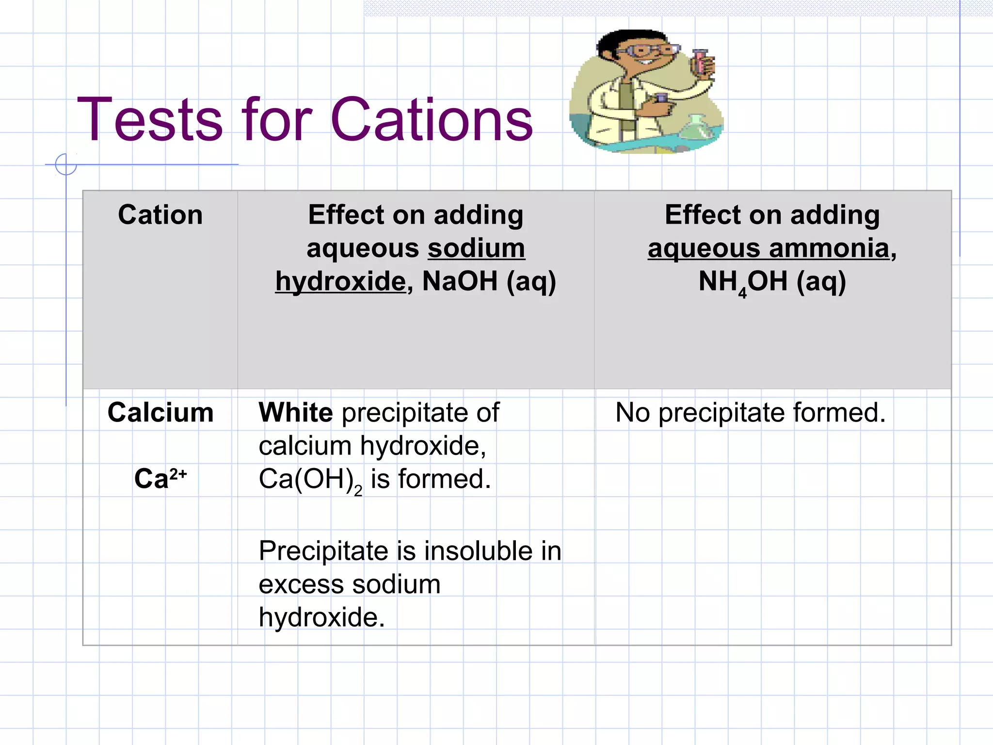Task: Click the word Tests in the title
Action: tap(150, 120)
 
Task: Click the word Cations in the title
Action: tap(431, 120)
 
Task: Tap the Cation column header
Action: tap(160, 215)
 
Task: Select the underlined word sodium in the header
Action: tap(476, 248)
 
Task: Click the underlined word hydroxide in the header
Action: tap(340, 281)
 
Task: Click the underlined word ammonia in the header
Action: tap(829, 248)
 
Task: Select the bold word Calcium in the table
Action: tap(160, 413)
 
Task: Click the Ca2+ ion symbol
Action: tap(160, 479)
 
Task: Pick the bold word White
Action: tap(296, 413)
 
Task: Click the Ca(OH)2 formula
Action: tap(310, 480)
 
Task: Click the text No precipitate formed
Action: tap(750, 413)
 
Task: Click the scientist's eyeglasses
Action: tap(645, 50)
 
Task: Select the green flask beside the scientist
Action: tap(696, 129)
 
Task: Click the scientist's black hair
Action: tap(625, 38)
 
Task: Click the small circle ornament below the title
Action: tap(66, 164)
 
